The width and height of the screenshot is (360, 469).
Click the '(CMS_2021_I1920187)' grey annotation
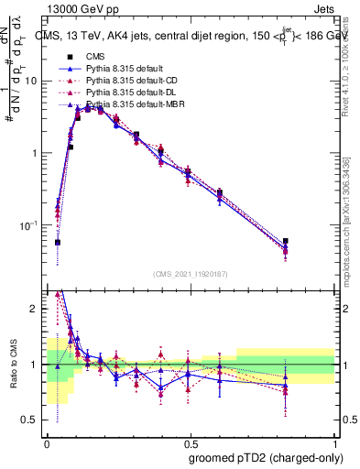coord(190,274)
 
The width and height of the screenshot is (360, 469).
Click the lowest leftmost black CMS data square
coord(57,243)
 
